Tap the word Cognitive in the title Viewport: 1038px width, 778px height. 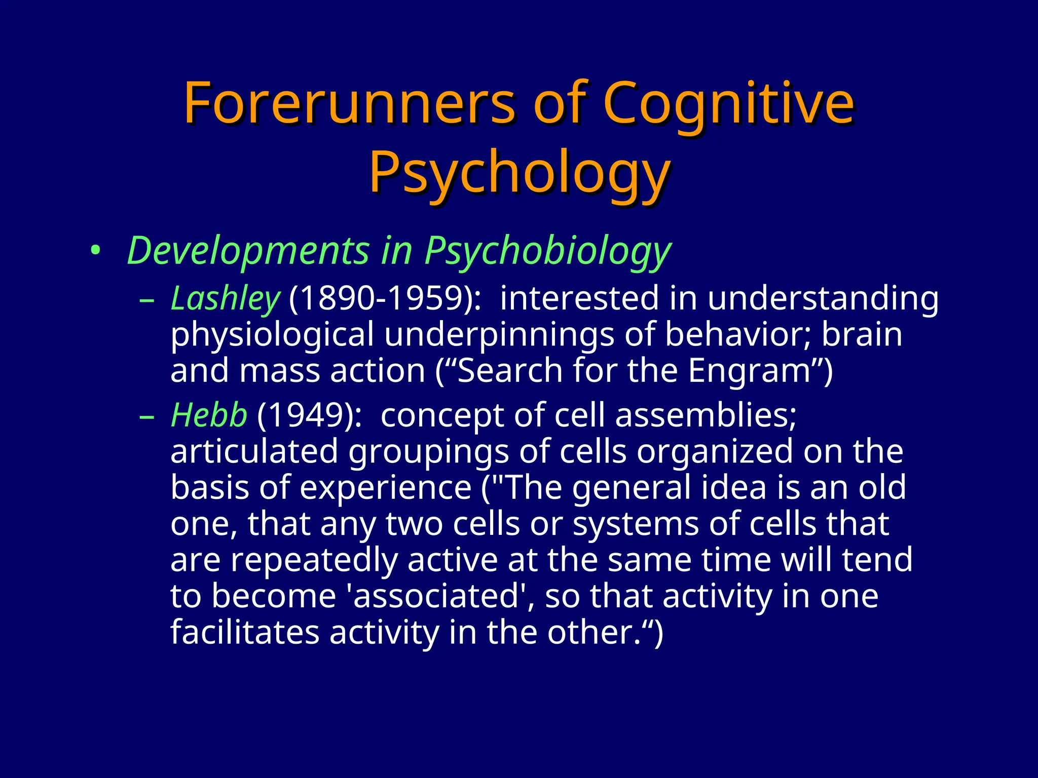(x=728, y=103)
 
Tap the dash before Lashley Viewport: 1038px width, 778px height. (x=146, y=299)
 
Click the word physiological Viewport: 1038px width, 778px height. (x=272, y=335)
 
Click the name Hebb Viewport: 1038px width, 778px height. (x=209, y=415)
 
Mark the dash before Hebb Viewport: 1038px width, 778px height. (x=146, y=416)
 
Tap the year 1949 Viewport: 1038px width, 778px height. (x=309, y=415)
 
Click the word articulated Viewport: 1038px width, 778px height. (x=254, y=451)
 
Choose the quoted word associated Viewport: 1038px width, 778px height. (x=435, y=596)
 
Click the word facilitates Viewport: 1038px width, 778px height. (x=244, y=633)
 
